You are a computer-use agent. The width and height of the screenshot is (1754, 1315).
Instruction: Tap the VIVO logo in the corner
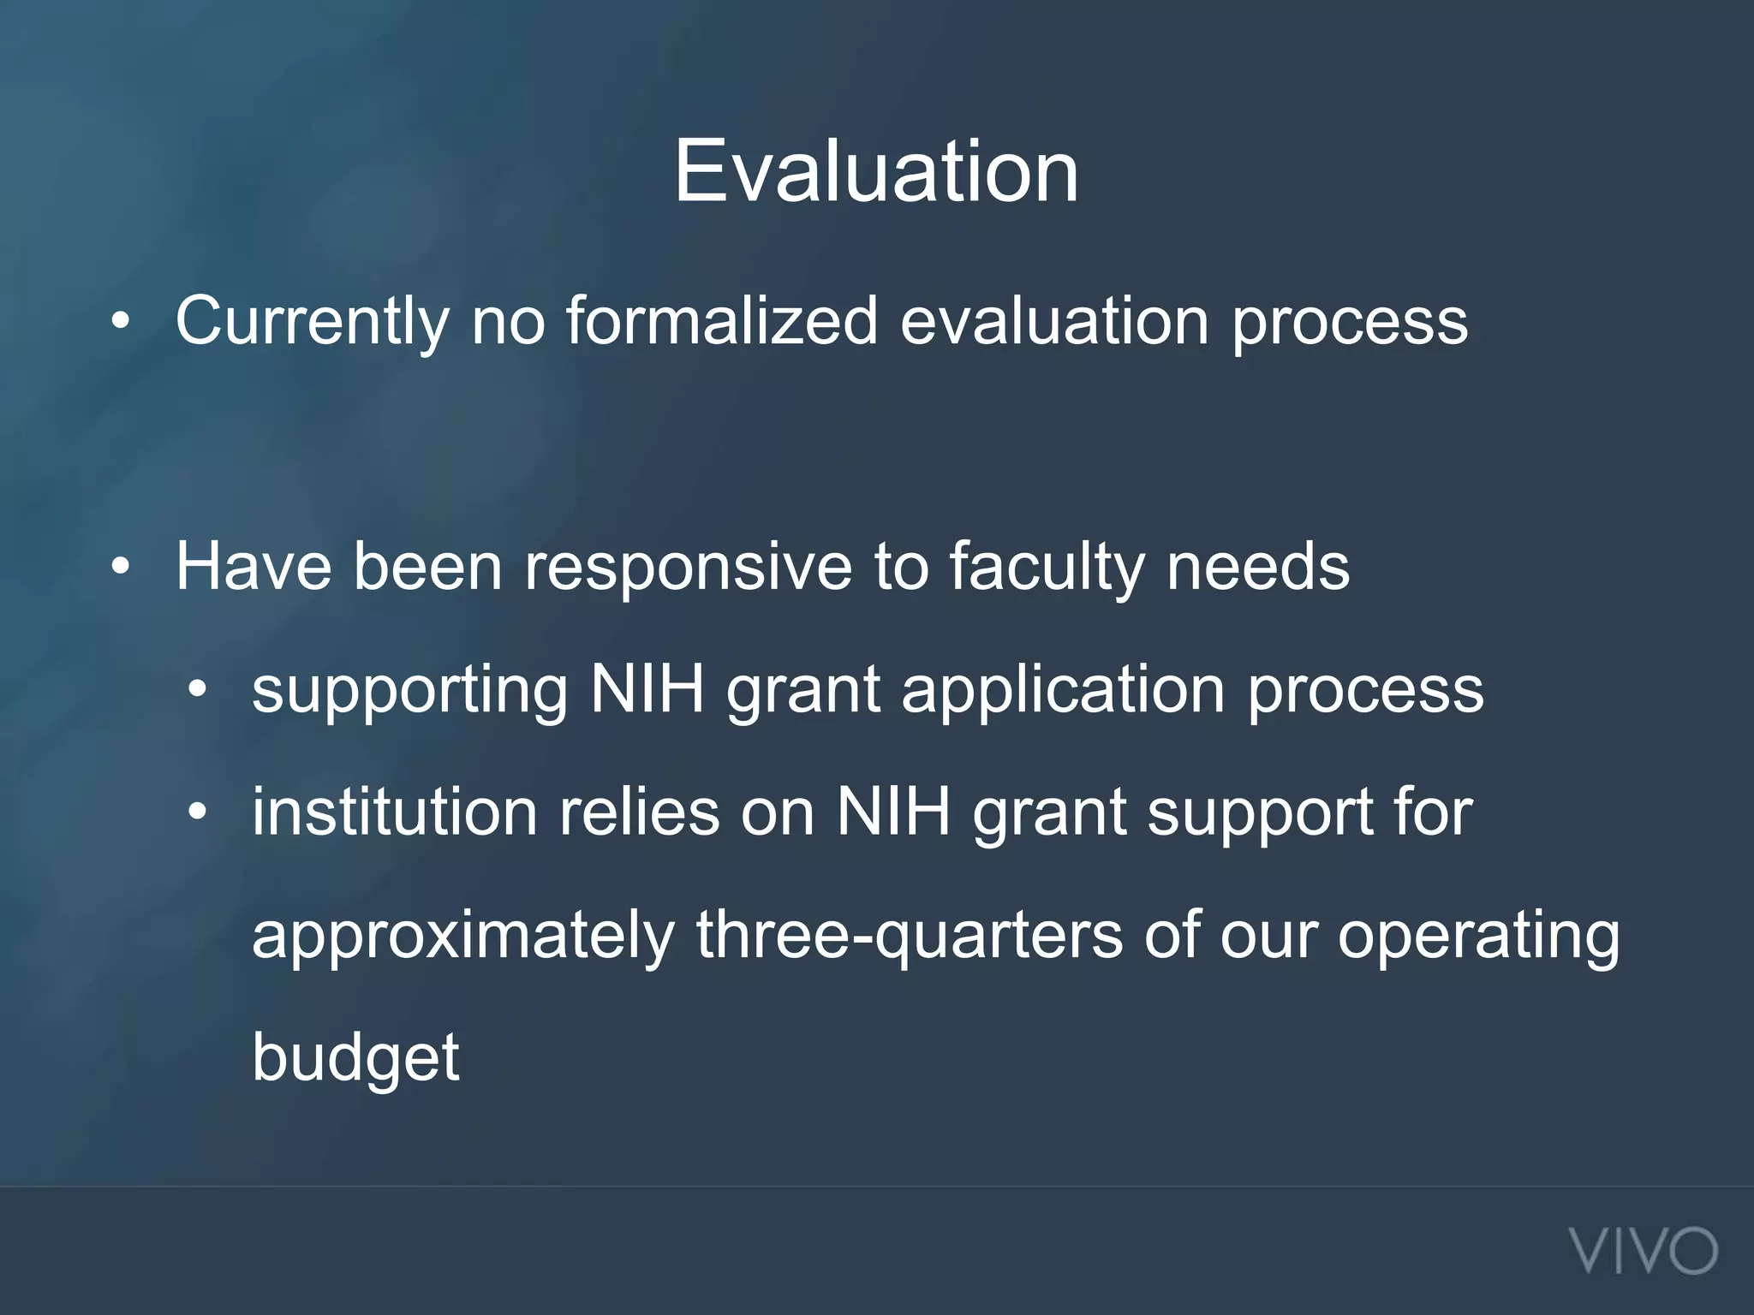[x=1644, y=1251]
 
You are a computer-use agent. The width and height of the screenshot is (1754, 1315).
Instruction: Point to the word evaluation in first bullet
[x=1054, y=321]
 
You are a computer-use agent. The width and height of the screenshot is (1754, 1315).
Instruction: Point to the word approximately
[x=462, y=937]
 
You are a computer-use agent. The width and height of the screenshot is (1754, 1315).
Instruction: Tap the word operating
[x=1478, y=937]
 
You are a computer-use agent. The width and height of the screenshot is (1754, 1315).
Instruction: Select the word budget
[x=355, y=1060]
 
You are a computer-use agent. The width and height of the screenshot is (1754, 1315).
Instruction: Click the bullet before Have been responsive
[x=121, y=567]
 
